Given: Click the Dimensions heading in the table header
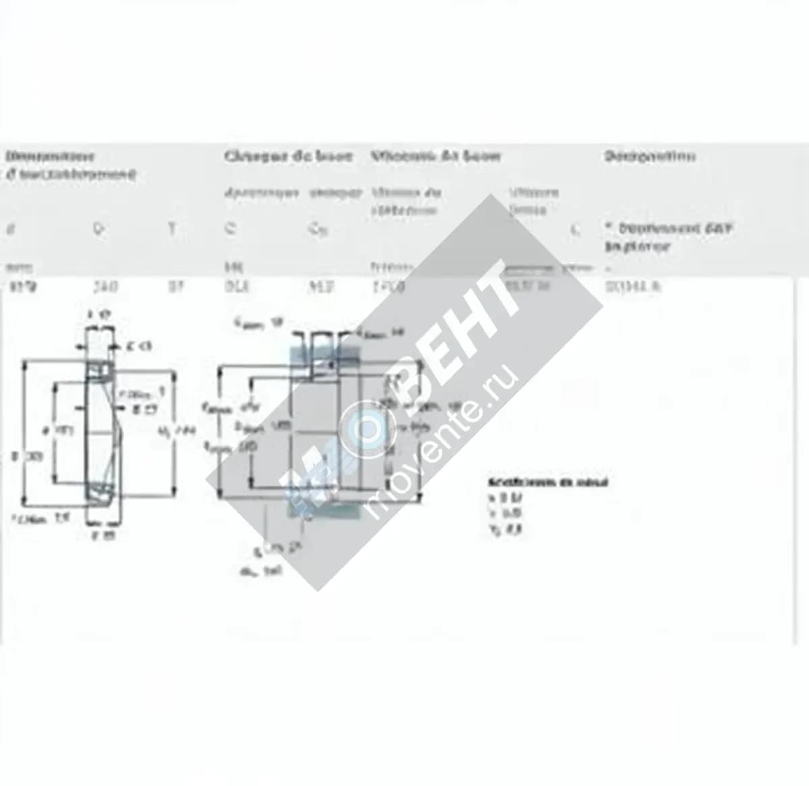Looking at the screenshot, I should pos(50,156).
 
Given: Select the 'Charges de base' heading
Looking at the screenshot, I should pos(288,156).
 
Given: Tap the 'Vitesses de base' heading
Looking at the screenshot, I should pos(436,156).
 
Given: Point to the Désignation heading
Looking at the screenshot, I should pos(649,156).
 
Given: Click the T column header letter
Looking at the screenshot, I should pos(172,229).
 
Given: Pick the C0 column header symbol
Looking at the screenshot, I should pos(317,229).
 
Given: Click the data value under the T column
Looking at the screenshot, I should pos(175,287).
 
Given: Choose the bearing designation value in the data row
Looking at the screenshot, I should pos(633,287).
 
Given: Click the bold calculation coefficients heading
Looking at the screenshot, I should pos(547,482).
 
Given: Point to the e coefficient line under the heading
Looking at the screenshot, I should pos(503,498).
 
